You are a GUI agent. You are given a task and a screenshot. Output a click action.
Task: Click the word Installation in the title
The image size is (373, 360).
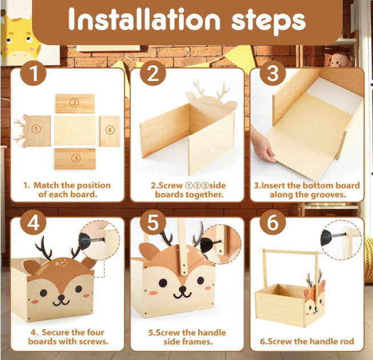click(x=144, y=19)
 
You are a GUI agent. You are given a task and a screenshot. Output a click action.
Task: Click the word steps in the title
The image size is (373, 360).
click(x=268, y=22)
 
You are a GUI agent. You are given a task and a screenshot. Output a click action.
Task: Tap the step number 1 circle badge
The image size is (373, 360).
click(x=33, y=73)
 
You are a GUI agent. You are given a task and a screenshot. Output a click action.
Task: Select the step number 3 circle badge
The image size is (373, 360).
click(x=272, y=73)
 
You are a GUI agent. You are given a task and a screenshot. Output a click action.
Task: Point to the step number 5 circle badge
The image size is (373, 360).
click(x=153, y=223)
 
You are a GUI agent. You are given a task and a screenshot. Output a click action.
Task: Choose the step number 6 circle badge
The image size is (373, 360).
click(x=272, y=223)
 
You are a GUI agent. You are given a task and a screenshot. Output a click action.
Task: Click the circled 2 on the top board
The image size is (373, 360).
click(x=74, y=103)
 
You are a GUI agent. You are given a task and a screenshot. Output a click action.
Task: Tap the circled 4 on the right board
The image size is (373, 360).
click(x=110, y=130)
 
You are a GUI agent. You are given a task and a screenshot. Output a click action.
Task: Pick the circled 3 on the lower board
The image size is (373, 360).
click(x=75, y=158)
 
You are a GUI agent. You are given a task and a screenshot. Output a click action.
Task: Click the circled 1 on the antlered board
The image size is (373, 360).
click(x=36, y=130)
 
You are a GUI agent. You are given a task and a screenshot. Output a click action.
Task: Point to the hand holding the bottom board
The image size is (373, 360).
click(x=263, y=144)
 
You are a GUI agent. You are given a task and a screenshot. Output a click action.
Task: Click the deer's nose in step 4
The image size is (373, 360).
click(x=61, y=297)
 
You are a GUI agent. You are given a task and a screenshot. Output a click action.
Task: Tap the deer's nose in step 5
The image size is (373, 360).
click(x=183, y=289)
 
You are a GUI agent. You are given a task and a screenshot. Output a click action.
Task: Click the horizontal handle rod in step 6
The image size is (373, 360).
click(x=290, y=252)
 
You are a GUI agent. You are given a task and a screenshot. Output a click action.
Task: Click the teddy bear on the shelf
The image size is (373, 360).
click(x=340, y=60)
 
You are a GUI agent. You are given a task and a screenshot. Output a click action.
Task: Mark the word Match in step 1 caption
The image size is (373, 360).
click(x=46, y=185)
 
